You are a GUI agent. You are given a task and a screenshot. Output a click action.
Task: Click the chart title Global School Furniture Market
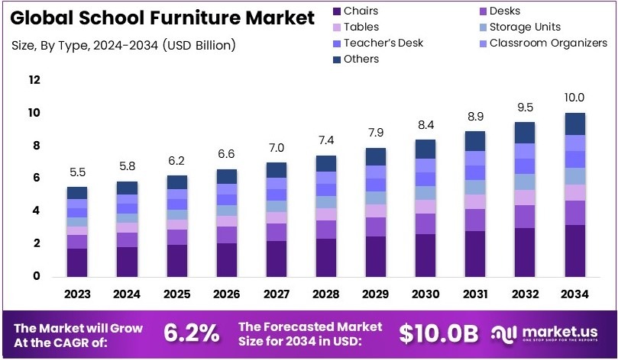163,18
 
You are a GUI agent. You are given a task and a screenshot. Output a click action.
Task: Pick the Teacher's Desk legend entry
383,43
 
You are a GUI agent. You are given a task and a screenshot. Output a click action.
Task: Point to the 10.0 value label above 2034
574,98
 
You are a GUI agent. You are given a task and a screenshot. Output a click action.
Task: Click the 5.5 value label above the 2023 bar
77,172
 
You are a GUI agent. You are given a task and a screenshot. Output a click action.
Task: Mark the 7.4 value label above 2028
325,140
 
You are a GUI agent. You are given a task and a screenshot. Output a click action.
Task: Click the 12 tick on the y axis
34,80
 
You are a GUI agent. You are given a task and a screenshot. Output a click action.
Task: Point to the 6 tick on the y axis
35,178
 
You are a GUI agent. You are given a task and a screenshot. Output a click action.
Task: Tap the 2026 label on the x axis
226,294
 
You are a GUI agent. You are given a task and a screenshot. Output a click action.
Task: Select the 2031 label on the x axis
474,294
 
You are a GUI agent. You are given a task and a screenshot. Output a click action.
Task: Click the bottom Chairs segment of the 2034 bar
574,250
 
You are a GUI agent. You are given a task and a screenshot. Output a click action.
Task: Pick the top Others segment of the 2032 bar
524,132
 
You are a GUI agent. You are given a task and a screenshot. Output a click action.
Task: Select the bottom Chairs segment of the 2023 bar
77,262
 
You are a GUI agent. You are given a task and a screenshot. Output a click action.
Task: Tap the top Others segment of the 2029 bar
375,156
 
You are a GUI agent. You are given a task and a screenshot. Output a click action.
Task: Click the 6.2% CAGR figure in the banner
191,333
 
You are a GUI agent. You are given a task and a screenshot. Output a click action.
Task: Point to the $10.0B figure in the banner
438,333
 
